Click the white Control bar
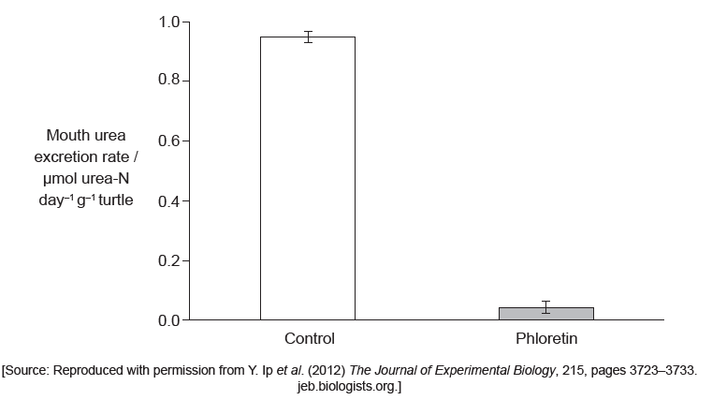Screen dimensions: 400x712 [x=307, y=178]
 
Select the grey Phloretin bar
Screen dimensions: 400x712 [x=545, y=314]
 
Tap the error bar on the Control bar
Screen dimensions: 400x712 [x=308, y=37]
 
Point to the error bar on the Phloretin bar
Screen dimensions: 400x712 [x=546, y=307]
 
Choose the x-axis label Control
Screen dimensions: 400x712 [x=309, y=339]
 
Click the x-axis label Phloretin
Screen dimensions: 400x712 [x=546, y=339]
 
